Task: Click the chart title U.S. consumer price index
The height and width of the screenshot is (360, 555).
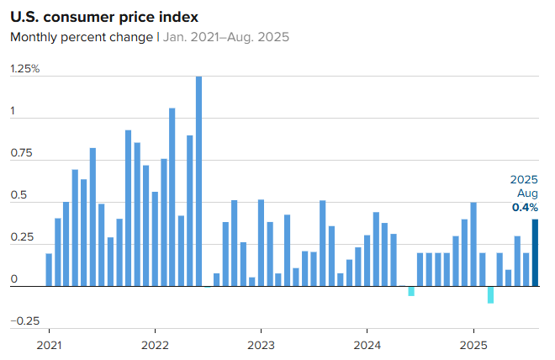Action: [x=105, y=17]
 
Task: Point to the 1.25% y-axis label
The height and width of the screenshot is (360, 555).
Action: [x=25, y=68]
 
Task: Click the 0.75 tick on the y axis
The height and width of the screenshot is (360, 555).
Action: [x=21, y=153]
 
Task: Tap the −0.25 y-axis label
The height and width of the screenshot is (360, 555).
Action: [x=24, y=320]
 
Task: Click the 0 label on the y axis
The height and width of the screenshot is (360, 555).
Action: [x=13, y=278]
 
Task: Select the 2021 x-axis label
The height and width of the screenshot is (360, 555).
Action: [x=49, y=345]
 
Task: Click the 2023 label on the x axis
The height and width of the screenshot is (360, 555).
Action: [x=261, y=345]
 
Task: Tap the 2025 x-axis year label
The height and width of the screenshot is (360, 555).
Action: [x=473, y=345]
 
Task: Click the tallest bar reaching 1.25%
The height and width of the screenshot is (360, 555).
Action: [x=199, y=181]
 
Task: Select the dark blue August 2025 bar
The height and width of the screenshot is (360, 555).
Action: [x=536, y=252]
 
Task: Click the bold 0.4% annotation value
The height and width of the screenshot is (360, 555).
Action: [x=525, y=207]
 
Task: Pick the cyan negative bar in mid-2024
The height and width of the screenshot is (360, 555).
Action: [x=411, y=291]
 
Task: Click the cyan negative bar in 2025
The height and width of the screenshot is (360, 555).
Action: [x=491, y=294]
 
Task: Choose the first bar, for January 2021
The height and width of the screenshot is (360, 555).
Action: [x=49, y=269]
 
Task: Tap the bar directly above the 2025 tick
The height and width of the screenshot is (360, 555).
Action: [x=473, y=244]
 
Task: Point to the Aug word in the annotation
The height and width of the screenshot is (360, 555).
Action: [x=527, y=193]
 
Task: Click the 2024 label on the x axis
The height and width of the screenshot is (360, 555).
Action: [x=367, y=345]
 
